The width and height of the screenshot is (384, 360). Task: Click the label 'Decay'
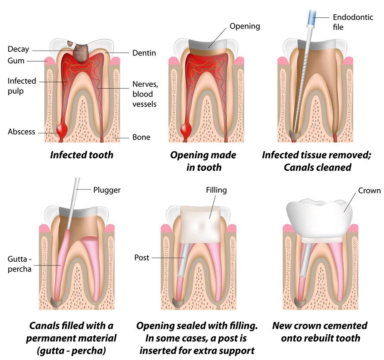[x=19, y=49]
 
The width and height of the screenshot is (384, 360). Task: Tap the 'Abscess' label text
[x=21, y=131]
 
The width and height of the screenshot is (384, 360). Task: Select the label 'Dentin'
[x=144, y=53]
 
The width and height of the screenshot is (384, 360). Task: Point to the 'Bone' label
[x=142, y=137]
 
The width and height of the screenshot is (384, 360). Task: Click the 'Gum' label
[x=16, y=61]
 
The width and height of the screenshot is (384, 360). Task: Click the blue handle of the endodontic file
[x=312, y=17]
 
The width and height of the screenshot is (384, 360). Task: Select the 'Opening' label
[x=245, y=26]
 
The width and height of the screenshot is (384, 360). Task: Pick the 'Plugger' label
[x=107, y=190]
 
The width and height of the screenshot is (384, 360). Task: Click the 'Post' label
[x=142, y=257]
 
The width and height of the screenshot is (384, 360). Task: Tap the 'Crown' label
[x=369, y=191]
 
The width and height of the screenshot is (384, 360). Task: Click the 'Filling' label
[x=216, y=190]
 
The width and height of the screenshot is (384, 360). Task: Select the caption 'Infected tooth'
[x=82, y=155]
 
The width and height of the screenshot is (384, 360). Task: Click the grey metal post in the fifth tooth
[x=183, y=260]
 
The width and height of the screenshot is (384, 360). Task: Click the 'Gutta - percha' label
[x=19, y=264]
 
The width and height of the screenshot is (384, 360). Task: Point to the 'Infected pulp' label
[x=22, y=86]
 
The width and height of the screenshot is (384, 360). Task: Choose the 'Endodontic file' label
[x=353, y=22]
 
